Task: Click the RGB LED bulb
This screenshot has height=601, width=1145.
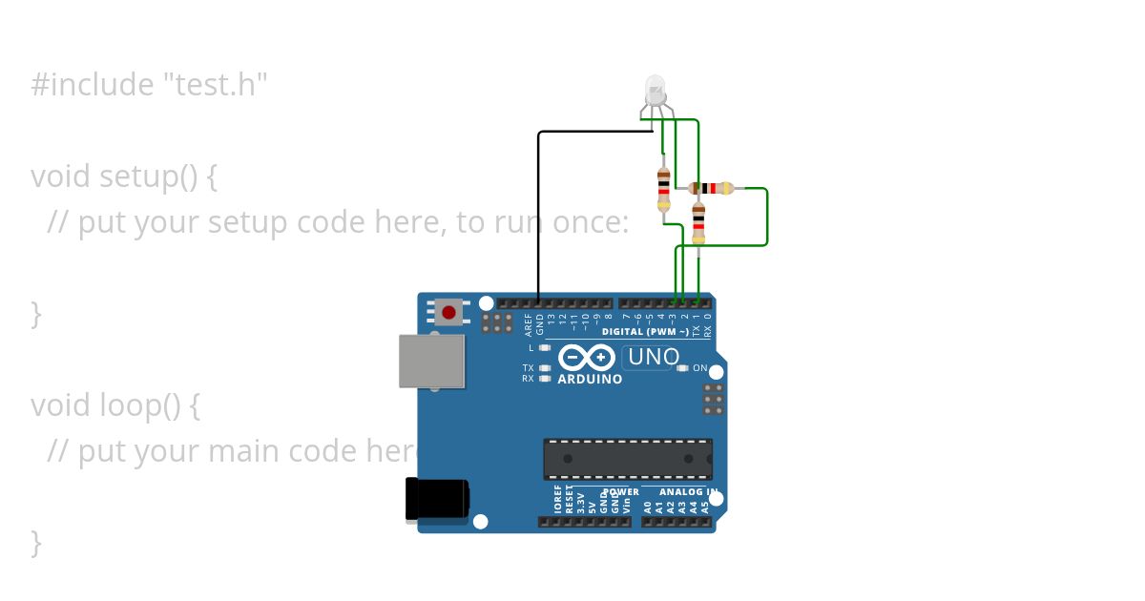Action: pos(656,91)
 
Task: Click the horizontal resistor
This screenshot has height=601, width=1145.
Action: pos(711,188)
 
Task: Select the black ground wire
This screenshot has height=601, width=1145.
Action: pos(539,210)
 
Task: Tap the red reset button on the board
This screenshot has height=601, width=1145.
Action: pos(448,311)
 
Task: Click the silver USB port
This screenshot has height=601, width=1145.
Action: pos(431,361)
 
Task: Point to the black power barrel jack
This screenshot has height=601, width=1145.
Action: pos(436,499)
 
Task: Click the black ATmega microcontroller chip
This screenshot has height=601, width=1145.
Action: pos(628,459)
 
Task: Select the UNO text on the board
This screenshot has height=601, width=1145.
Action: pos(654,358)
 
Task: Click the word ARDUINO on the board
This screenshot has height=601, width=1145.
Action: pos(590,379)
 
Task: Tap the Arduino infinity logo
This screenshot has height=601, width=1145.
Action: pos(587,358)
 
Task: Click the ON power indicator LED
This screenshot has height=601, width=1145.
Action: pos(682,368)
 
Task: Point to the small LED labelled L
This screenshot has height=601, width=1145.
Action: pos(544,347)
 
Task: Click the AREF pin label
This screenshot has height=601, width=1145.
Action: pos(529,324)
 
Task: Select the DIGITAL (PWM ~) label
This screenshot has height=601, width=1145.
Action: pos(645,332)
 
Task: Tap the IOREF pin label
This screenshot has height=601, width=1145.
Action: pos(558,499)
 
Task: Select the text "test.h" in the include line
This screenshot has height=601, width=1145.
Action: pos(215,85)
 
